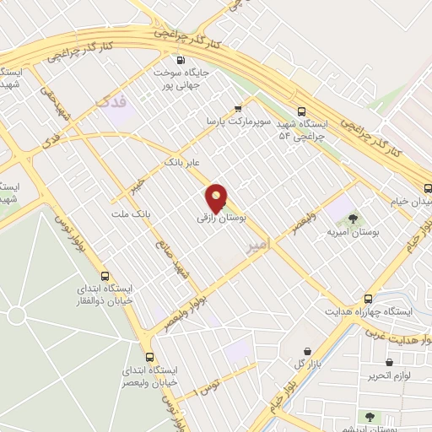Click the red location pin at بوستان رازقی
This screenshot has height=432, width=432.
[217, 198]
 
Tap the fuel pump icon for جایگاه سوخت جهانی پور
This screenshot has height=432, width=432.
[180, 60]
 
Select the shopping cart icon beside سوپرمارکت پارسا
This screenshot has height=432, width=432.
[239, 108]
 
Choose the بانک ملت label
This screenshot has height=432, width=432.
[131, 214]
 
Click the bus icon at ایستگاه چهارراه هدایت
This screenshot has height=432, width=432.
[367, 299]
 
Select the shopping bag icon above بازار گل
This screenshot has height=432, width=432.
[305, 350]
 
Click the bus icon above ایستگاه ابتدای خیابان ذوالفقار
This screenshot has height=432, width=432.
[105, 276]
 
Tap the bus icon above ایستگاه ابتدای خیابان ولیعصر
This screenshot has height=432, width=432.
[150, 356]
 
